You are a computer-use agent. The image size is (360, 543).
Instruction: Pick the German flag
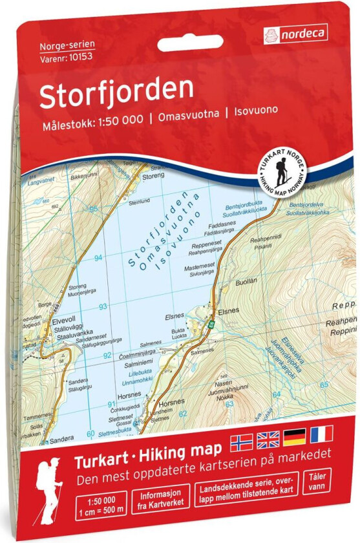(x=294, y=440)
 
